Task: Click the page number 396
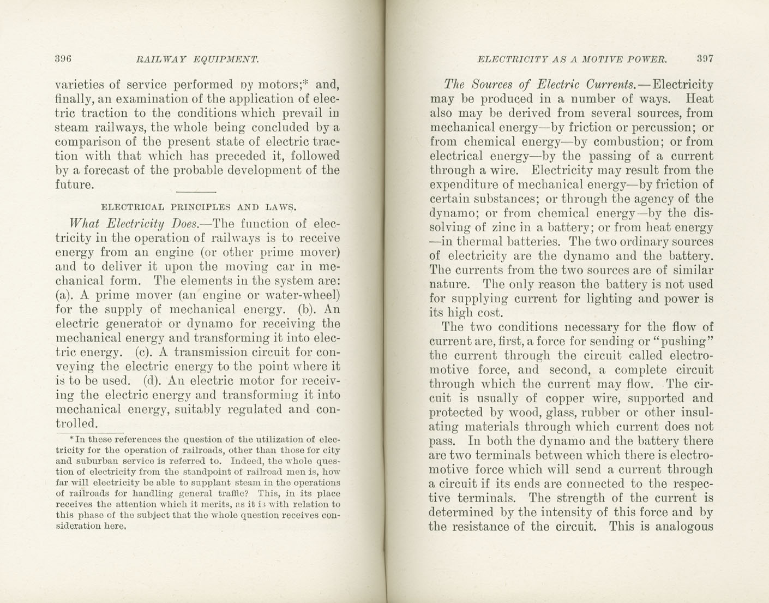click(x=63, y=59)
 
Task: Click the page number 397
click(x=705, y=58)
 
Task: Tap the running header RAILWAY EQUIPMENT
click(x=197, y=59)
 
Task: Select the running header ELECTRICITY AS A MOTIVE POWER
click(x=572, y=58)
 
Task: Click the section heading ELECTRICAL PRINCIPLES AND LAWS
click(x=199, y=207)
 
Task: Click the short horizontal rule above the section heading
click(x=197, y=192)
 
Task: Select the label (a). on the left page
click(x=65, y=295)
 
